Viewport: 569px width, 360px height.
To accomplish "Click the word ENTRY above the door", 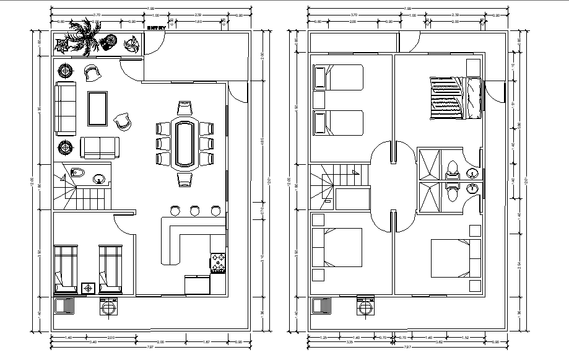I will (x=156, y=27).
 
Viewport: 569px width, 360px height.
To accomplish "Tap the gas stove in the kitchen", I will (x=219, y=263).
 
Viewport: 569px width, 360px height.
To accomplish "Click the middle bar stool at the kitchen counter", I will (x=195, y=211).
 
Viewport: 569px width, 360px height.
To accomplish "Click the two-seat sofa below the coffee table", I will (x=99, y=147).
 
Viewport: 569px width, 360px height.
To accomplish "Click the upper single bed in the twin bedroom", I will (x=338, y=78).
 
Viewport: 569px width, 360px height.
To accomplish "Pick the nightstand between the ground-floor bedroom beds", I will (x=89, y=288).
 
